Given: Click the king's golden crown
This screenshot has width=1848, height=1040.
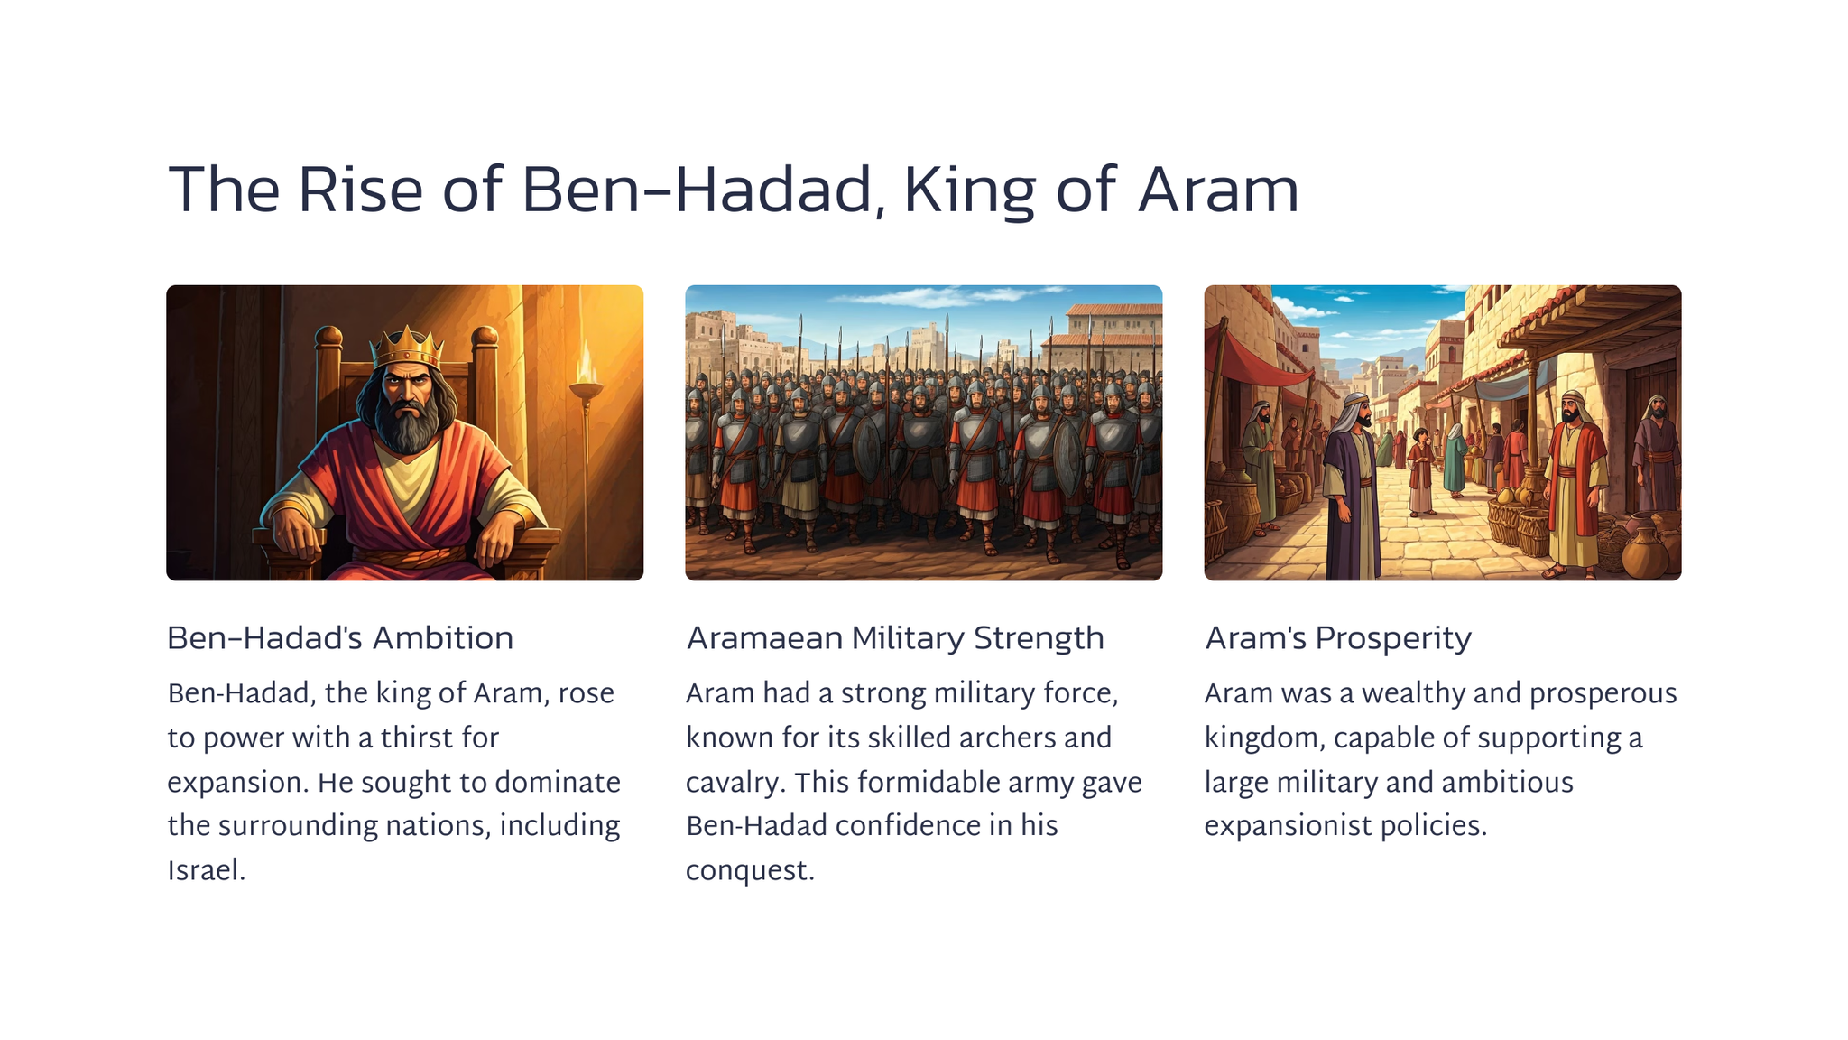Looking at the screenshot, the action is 408,346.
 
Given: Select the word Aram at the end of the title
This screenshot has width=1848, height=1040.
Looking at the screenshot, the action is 1218,190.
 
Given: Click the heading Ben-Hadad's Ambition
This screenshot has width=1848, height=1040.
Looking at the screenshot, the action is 340,637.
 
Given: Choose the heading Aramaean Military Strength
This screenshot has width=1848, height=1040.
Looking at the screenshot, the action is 895,637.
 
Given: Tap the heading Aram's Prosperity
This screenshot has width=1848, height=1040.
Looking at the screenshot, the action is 1338,638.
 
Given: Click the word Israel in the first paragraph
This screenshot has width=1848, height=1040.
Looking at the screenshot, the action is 207,870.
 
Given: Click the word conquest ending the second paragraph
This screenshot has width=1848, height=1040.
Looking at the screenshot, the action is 750,871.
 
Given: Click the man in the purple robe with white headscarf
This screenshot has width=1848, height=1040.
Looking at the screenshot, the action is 1351,487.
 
